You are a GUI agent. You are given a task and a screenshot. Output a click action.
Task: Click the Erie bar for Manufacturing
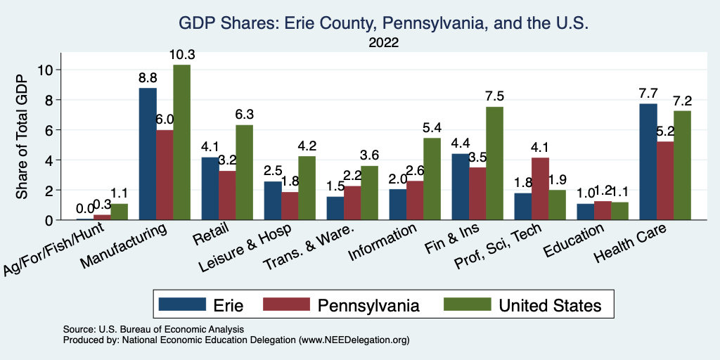[x=148, y=154]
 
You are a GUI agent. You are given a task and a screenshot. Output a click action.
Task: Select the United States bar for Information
[x=432, y=179]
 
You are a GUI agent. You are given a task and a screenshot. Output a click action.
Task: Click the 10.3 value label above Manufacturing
[x=181, y=55]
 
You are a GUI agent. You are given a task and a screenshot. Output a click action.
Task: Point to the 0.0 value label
[x=85, y=209]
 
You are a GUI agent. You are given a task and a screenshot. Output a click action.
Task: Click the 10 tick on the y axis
[x=46, y=70]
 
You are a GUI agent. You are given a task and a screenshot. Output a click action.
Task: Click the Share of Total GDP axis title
[x=23, y=136]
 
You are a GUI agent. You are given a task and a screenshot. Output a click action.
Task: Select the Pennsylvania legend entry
[x=368, y=305]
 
